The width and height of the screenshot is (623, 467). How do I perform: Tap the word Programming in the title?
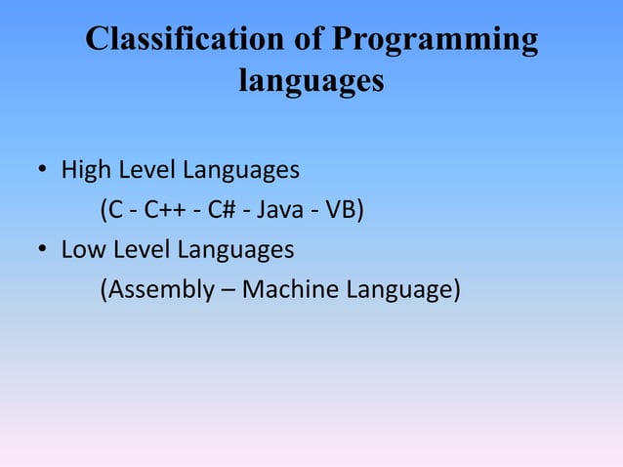pos(435,41)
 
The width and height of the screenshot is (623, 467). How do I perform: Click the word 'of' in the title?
pos(305,40)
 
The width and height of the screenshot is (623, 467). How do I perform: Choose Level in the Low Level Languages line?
pos(139,250)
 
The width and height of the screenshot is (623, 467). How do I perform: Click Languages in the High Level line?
pos(237,171)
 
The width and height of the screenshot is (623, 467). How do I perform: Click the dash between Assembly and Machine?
pos(230,290)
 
